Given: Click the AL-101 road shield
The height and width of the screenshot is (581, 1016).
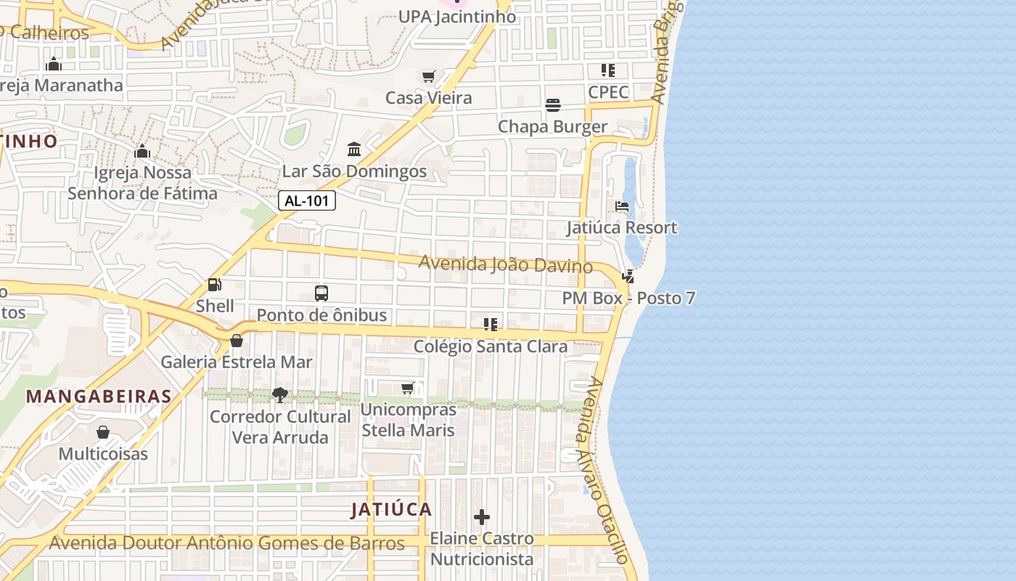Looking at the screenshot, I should [x=307, y=201].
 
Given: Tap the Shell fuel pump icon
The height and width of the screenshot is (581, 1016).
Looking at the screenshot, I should [x=214, y=285].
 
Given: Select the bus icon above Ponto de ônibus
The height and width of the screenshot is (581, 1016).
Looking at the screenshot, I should [x=321, y=293].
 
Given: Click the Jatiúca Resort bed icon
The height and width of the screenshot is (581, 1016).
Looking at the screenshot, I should [x=622, y=207].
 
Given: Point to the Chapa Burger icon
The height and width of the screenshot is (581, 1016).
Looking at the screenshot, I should [x=553, y=105].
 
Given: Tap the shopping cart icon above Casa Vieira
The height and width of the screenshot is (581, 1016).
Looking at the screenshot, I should [x=428, y=76].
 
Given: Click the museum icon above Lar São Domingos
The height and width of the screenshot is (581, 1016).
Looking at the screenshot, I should [x=354, y=149].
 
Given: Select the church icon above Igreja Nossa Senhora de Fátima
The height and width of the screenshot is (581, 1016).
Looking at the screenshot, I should [x=142, y=151].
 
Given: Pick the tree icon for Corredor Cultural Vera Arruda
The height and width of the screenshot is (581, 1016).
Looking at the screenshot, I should [x=279, y=395].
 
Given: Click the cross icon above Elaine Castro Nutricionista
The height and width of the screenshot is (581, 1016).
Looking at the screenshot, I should [x=481, y=517].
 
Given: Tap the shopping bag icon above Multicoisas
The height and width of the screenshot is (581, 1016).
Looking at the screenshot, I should [x=103, y=432].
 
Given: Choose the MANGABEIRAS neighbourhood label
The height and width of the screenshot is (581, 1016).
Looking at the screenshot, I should [x=99, y=397].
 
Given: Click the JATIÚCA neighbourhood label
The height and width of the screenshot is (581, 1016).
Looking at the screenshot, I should [x=391, y=509].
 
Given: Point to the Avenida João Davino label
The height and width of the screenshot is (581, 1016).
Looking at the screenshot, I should [x=506, y=264].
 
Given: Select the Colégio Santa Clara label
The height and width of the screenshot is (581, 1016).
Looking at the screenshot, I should [x=491, y=346].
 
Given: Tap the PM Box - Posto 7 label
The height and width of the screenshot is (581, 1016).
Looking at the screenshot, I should [x=628, y=298].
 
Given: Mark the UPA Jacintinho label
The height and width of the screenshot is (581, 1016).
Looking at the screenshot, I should [x=457, y=17].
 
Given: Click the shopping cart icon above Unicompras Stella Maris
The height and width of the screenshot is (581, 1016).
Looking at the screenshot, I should [x=408, y=389].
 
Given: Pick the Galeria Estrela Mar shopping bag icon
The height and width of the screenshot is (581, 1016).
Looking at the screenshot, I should [x=237, y=340].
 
